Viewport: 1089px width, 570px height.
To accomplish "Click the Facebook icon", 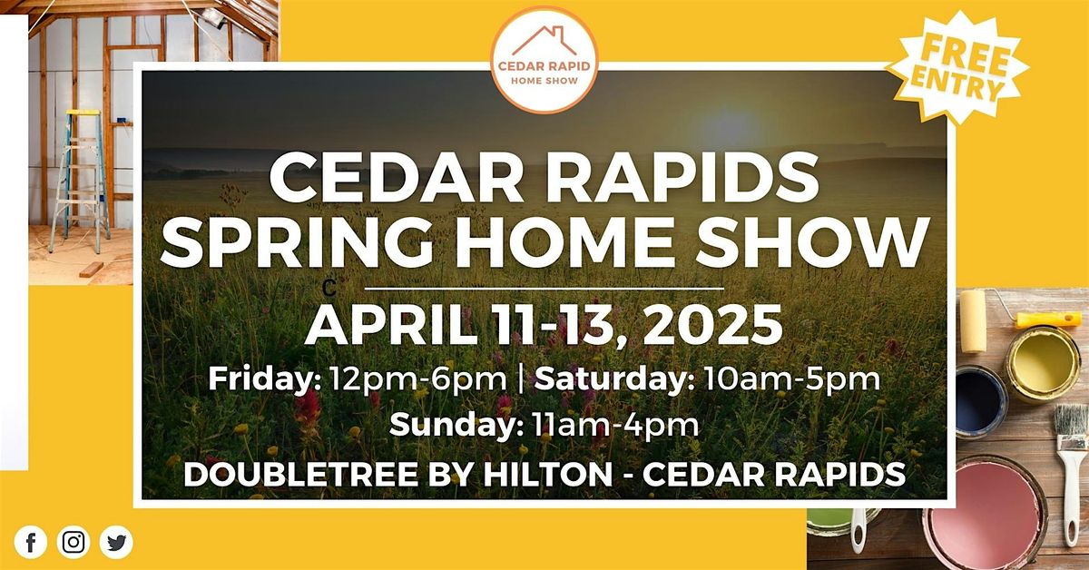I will (31, 542).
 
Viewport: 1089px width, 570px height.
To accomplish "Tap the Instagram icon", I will (74, 542).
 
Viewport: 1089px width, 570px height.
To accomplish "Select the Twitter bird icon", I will (116, 542).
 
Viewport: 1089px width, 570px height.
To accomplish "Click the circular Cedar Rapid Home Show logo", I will (544, 60).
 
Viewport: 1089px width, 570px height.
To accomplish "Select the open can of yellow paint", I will (1045, 363).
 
